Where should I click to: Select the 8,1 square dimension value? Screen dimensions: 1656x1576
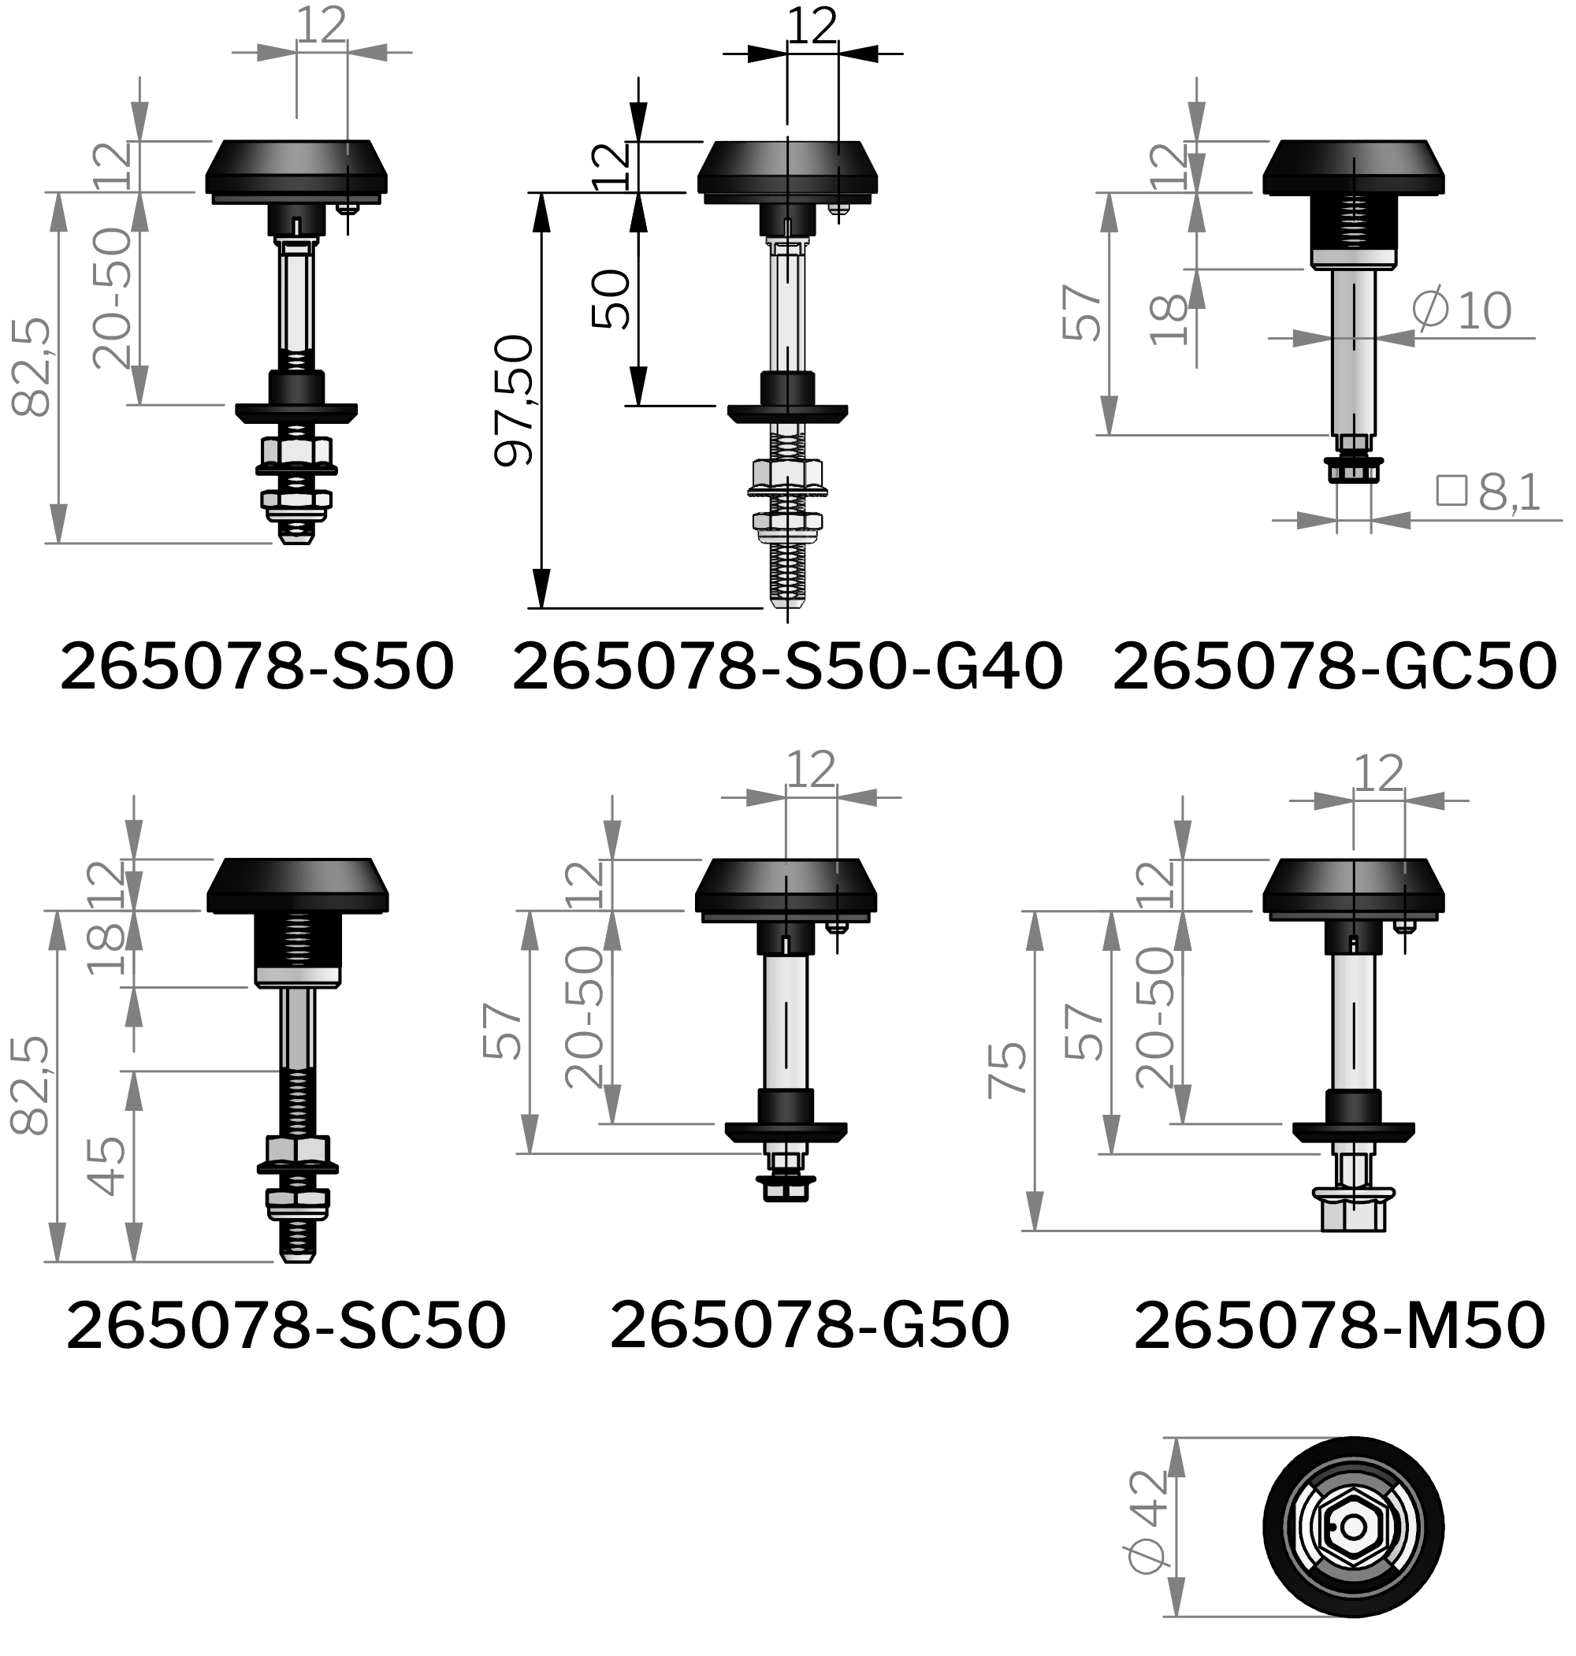[x=1510, y=492]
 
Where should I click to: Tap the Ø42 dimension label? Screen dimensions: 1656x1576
[x=1147, y=1521]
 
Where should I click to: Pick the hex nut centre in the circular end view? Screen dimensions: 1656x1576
[x=1352, y=1528]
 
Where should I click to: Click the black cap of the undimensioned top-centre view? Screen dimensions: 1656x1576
[x=787, y=167]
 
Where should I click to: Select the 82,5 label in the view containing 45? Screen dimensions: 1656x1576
[x=31, y=1086]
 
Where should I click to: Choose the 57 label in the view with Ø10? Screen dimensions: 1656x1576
[x=1082, y=314]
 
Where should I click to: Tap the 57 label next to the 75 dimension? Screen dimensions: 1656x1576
[x=1084, y=1031]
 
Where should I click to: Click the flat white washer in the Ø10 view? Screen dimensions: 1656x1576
[x=1353, y=257]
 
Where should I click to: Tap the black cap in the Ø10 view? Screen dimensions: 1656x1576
[x=1353, y=167]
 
